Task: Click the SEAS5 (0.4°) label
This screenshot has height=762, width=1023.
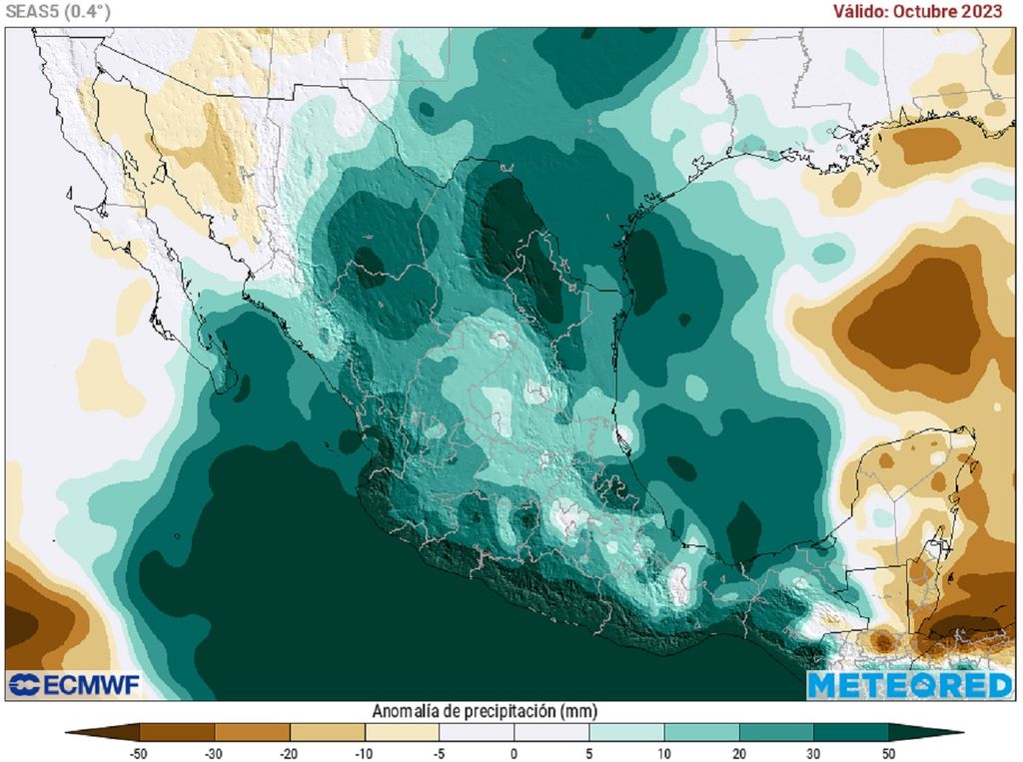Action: click(56, 11)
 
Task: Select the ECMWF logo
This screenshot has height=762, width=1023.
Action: click(74, 685)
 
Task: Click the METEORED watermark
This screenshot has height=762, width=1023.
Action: click(909, 685)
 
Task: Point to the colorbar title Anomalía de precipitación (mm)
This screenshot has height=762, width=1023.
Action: click(485, 711)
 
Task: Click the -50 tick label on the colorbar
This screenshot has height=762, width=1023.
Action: click(140, 753)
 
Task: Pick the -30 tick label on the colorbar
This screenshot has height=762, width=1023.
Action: click(215, 753)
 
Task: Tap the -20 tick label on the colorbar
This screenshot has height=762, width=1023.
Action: click(290, 753)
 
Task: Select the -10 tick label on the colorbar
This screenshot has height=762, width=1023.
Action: click(365, 753)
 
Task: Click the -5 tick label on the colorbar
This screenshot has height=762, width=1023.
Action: click(440, 753)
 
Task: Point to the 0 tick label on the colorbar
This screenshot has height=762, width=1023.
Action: click(514, 753)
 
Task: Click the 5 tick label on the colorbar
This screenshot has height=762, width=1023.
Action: click(589, 753)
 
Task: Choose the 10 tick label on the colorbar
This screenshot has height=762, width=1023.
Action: click(664, 753)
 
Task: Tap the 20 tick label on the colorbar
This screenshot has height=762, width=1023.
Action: click(739, 753)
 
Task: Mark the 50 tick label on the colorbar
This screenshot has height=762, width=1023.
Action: click(888, 753)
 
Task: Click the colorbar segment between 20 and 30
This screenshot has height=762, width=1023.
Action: click(776, 732)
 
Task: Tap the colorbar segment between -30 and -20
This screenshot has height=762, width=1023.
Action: click(252, 732)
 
